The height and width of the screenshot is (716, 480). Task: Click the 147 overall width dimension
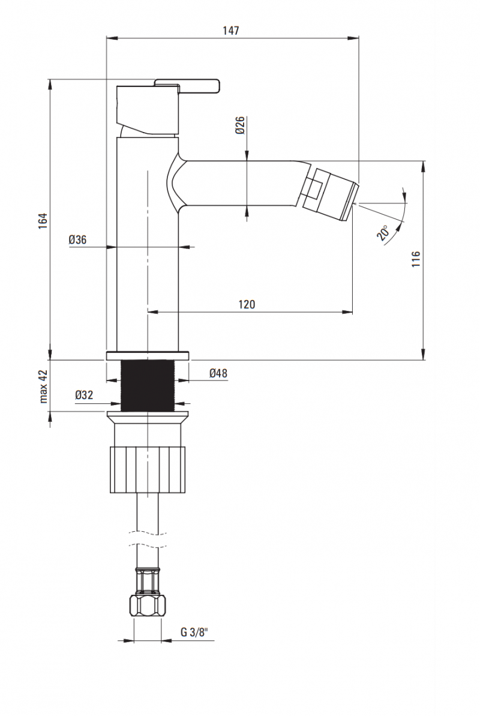click(232, 31)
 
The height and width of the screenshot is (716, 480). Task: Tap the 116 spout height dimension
click(416, 259)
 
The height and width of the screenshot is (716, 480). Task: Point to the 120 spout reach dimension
click(247, 304)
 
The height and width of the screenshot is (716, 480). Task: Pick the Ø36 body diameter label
click(78, 239)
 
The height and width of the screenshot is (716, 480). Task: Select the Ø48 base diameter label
click(218, 373)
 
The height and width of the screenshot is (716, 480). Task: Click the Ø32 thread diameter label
click(85, 395)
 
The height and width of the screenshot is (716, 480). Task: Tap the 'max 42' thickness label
click(43, 385)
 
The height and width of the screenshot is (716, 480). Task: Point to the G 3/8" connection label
click(194, 632)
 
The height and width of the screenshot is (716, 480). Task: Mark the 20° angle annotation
click(384, 232)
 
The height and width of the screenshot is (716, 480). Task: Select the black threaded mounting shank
click(147, 386)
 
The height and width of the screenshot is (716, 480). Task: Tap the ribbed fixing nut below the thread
click(147, 469)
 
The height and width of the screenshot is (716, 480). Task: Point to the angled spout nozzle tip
click(330, 191)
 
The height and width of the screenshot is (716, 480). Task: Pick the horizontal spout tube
click(240, 183)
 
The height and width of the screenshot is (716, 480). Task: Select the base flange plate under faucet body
click(147, 355)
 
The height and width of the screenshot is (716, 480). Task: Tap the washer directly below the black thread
click(147, 415)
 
